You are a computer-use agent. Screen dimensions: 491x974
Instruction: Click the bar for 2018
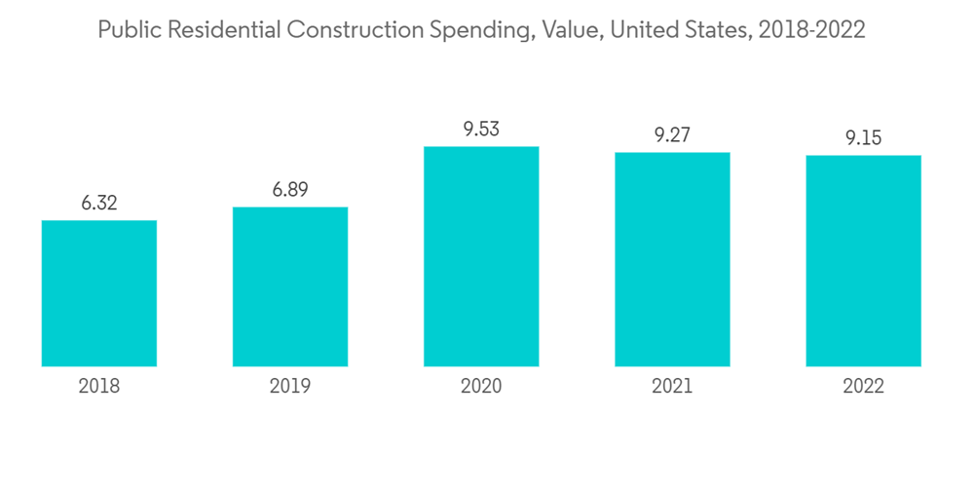point(99,293)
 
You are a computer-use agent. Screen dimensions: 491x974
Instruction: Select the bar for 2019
point(290,286)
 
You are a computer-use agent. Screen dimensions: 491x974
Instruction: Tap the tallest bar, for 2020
point(481,256)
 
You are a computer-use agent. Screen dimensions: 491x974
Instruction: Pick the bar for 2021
point(672,259)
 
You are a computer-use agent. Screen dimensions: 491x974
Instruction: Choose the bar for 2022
point(863,261)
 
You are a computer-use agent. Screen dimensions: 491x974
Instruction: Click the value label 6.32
point(99,204)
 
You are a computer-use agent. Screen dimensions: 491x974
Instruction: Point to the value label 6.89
point(290,190)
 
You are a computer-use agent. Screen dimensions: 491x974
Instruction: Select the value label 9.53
point(481,130)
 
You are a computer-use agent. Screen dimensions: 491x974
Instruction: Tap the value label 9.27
point(672,135)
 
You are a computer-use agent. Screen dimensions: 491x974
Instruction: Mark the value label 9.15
point(863,138)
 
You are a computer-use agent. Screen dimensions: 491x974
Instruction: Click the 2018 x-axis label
point(99,387)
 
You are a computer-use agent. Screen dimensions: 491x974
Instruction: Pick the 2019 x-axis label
point(290,387)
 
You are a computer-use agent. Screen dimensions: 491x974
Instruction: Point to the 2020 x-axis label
point(481,387)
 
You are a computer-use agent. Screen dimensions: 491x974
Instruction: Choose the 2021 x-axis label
point(672,387)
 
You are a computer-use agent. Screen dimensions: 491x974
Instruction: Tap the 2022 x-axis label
point(863,387)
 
